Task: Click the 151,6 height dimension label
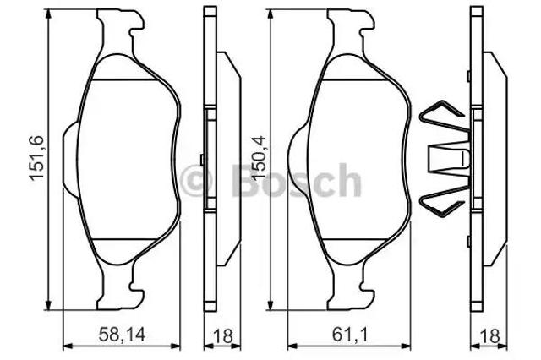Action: (37, 158)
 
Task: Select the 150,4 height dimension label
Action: (260, 158)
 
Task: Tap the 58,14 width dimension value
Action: (122, 335)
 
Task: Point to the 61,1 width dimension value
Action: (349, 335)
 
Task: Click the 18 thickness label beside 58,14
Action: (223, 336)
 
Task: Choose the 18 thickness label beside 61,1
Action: (489, 336)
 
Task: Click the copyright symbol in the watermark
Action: (196, 181)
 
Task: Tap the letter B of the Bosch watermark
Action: (245, 180)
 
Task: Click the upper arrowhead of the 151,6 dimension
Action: (48, 14)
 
